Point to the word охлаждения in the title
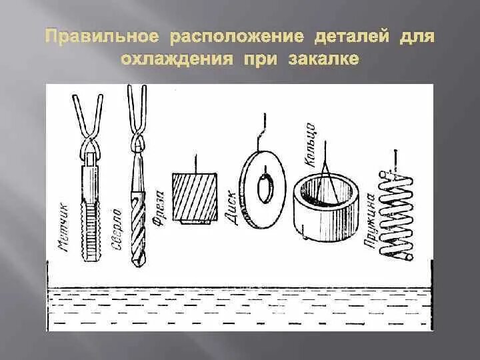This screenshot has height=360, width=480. [176, 59]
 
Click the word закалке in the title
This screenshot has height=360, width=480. [325, 59]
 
